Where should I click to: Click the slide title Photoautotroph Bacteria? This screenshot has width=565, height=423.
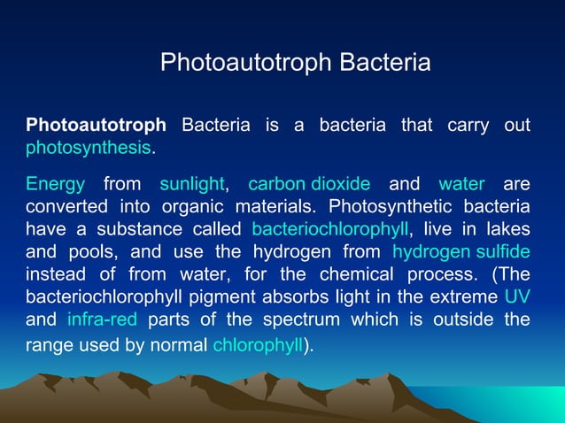(295, 63)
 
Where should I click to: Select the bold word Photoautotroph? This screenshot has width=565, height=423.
(96, 125)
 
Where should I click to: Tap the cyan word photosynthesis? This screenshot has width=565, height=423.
(89, 147)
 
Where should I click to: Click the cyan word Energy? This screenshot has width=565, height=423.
(55, 184)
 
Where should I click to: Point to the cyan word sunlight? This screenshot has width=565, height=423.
(192, 184)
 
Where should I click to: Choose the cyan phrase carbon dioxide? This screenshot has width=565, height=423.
(309, 184)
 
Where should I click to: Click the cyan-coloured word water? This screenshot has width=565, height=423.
(461, 184)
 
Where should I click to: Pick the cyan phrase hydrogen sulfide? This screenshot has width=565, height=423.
(461, 251)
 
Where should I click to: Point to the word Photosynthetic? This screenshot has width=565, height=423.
(387, 207)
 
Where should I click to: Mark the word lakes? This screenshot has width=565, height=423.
(507, 229)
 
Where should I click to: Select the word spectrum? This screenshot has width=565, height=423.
(295, 318)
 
